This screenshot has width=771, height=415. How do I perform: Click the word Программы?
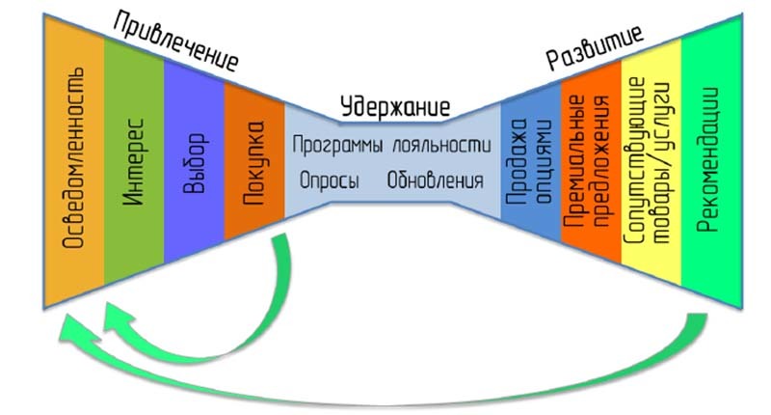(x=338, y=146)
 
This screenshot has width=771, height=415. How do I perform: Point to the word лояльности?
(x=438, y=146)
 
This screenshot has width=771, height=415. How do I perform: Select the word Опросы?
(x=330, y=180)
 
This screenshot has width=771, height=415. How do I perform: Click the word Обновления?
(x=436, y=180)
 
